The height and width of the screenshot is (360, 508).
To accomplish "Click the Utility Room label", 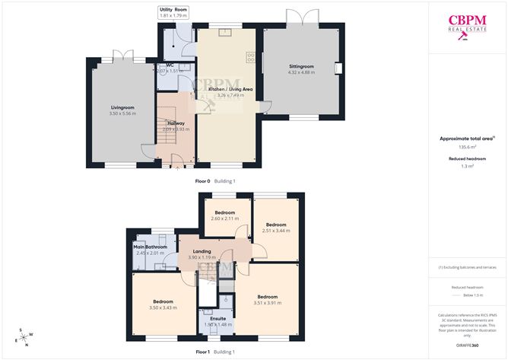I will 173,8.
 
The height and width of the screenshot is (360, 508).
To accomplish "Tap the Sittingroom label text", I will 302,66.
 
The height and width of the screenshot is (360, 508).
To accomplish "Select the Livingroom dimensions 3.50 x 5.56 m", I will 122,113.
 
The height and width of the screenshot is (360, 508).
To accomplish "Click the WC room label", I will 170,65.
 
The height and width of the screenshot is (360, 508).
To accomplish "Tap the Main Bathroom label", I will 151,247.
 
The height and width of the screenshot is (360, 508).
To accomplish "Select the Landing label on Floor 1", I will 202,251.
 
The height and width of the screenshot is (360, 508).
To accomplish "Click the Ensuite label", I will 217,318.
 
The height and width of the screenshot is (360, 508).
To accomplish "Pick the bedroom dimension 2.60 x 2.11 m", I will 224,218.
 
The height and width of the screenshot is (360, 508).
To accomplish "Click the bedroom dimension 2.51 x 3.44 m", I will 275,230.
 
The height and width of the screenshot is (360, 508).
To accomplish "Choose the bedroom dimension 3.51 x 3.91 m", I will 267,303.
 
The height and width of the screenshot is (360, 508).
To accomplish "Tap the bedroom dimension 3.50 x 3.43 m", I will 162,307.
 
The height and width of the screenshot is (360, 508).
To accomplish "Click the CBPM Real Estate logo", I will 467,25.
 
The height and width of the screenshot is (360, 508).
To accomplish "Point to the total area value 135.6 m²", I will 468,147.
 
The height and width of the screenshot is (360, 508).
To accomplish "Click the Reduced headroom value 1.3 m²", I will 468,166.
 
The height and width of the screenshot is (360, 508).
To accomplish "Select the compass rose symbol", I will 26,336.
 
